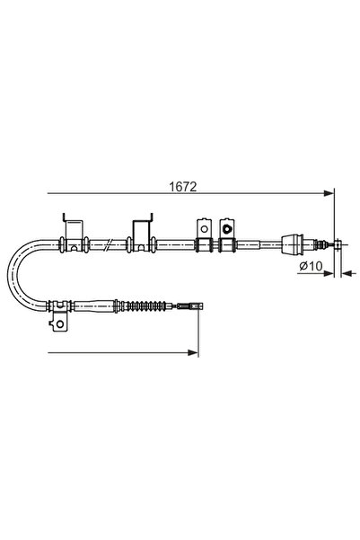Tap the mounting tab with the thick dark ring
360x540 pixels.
[x=226, y=229]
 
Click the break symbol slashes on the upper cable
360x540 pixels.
[x=107, y=243]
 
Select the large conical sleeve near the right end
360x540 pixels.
[x=294, y=243]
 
